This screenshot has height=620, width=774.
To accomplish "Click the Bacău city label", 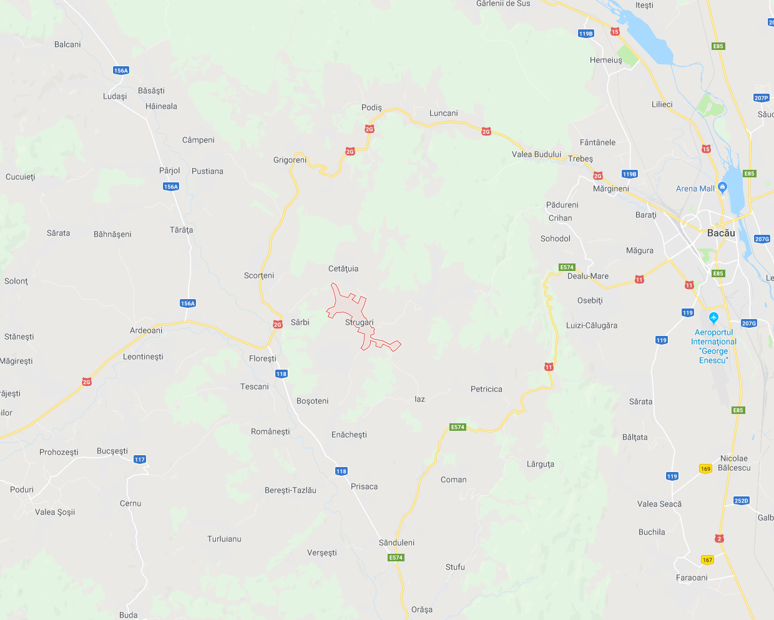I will point(721,233).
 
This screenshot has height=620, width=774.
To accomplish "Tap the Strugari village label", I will point(359,322).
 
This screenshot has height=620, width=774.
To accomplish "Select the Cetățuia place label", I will point(343,268).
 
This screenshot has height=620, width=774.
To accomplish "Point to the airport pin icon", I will point(713,318).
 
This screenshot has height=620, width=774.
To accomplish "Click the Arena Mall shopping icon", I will point(723,187).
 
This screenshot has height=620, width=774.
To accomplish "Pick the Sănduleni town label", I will point(396,543).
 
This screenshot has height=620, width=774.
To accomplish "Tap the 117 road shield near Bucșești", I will point(139,460).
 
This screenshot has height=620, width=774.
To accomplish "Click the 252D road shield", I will point(741,501).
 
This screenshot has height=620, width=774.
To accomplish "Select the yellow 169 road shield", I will point(705,469).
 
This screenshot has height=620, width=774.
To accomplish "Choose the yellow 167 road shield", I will point(707,560).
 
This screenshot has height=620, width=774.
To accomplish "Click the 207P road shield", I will point(761,98).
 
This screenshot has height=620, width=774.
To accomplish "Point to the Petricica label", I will point(486,389).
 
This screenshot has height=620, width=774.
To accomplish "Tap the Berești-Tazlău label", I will point(290,490).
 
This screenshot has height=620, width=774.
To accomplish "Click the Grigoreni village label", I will point(290,160).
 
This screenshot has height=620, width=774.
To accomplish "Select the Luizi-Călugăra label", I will point(592,325).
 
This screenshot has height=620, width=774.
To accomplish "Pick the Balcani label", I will point(67,44).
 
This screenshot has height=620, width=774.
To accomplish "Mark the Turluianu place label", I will point(224,539).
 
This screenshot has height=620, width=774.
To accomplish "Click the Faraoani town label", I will point(692,578).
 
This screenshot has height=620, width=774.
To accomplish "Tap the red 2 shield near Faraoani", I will point(719,538).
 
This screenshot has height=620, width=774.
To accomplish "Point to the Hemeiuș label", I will point(605,60).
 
